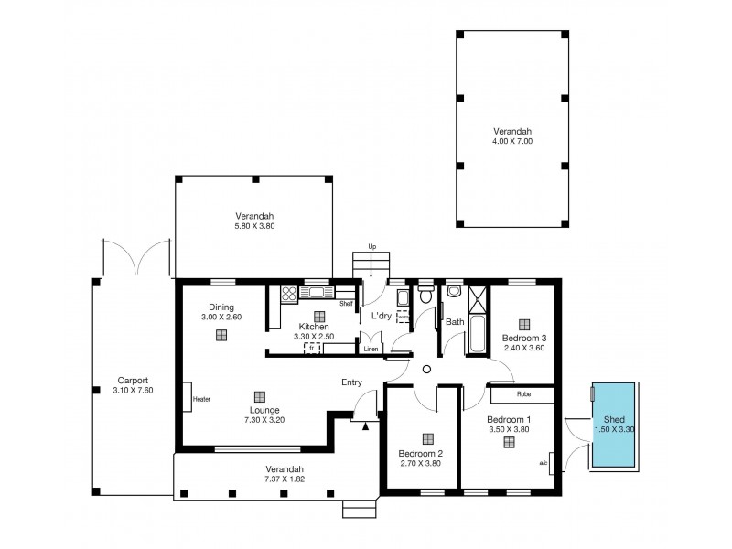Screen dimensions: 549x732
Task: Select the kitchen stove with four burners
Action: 288,294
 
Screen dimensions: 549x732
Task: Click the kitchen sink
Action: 319,293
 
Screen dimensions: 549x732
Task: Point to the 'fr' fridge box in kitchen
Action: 311,348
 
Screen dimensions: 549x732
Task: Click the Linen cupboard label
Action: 371,349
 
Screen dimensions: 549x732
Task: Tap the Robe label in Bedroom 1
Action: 523,395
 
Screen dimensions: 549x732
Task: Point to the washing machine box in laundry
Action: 404,317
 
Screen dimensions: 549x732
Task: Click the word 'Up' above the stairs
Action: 371,246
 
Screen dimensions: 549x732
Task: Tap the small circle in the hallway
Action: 426,369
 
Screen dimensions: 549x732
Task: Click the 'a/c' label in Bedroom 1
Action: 544,463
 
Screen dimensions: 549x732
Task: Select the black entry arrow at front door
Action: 365,425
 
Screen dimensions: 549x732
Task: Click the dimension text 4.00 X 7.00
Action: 511,142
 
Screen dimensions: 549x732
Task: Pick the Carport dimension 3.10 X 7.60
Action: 133,391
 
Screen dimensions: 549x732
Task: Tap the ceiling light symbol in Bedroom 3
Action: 524,323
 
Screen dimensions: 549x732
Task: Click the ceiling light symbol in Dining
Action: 221,335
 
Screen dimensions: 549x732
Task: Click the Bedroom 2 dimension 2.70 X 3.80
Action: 421,463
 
